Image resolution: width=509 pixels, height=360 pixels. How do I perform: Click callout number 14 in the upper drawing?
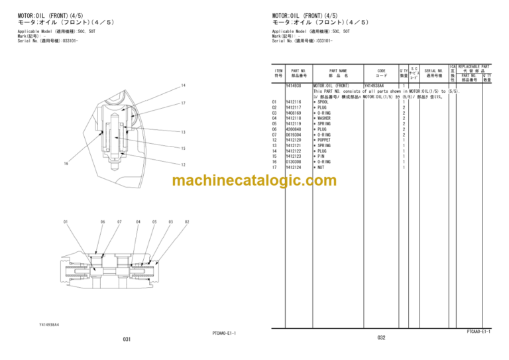pyautogui.click(x=184, y=86)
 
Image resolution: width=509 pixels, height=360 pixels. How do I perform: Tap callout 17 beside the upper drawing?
pyautogui.click(x=184, y=103)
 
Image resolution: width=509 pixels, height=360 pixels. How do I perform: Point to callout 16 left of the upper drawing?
pyautogui.click(x=66, y=164)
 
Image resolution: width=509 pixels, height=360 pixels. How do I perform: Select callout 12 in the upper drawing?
pyautogui.click(x=184, y=164)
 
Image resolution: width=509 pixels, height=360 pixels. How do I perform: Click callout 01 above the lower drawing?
pyautogui.click(x=66, y=221)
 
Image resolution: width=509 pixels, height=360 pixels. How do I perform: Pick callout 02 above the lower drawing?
pyautogui.click(x=187, y=221)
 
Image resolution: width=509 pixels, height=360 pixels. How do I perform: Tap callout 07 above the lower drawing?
pyautogui.click(x=119, y=221)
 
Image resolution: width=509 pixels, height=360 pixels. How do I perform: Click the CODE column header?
pyautogui.click(x=381, y=73)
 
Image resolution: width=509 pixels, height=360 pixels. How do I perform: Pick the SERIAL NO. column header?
pyautogui.click(x=433, y=73)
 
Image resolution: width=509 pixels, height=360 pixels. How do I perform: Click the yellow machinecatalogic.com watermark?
pyautogui.click(x=254, y=181)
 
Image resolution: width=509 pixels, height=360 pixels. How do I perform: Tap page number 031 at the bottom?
pyautogui.click(x=127, y=339)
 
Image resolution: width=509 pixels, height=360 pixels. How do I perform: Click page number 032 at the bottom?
pyautogui.click(x=381, y=337)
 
